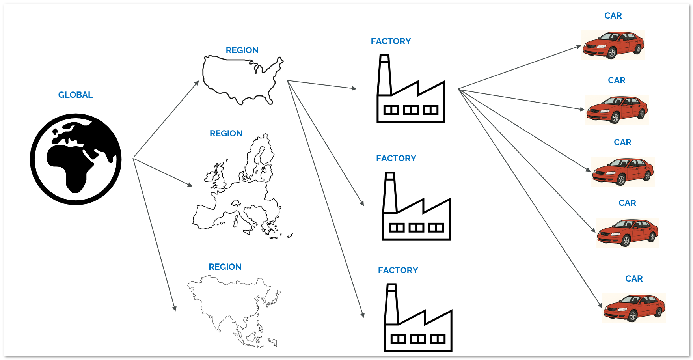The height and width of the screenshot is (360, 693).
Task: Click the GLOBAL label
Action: click(75, 95)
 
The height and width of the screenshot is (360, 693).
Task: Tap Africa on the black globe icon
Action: click(71, 166)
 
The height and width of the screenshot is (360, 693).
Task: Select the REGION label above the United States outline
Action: click(242, 50)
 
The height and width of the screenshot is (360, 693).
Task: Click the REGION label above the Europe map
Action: click(226, 134)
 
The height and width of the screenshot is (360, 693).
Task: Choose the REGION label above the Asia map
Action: click(225, 267)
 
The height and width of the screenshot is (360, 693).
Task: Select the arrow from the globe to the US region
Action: click(166, 119)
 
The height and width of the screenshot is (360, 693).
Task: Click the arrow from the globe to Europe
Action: click(162, 172)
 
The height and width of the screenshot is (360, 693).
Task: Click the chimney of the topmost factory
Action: click(384, 75)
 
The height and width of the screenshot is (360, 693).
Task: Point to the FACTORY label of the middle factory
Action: click(396, 159)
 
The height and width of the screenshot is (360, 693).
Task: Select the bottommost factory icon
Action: click(418, 323)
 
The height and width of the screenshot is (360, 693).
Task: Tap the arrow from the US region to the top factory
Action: click(322, 84)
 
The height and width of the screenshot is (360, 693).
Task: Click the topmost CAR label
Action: click(613, 16)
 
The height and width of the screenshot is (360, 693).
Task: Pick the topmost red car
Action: click(613, 45)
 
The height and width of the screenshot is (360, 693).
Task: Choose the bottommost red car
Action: click(634, 308)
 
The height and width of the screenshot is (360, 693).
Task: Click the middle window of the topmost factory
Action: click(411, 110)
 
